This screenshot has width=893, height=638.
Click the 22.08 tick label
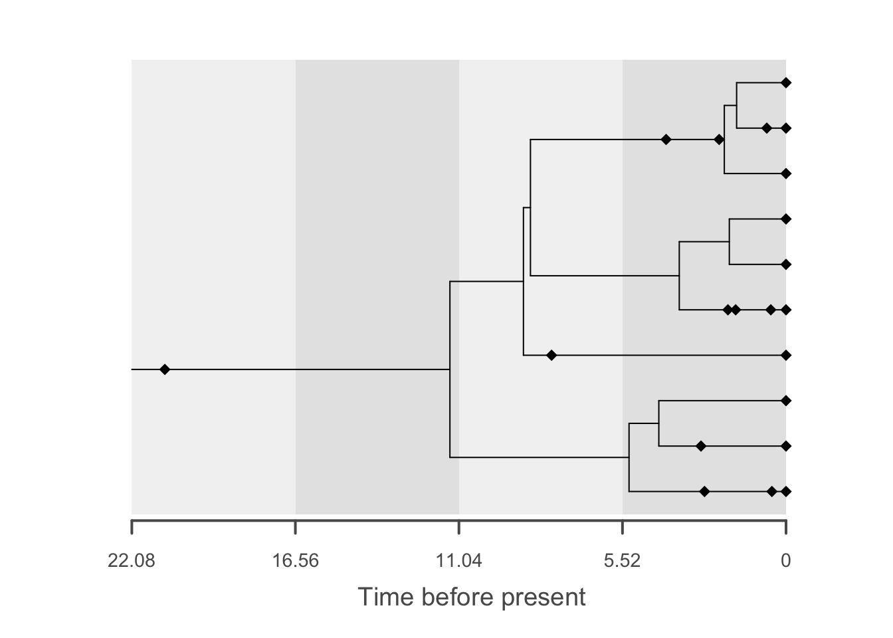click(x=132, y=562)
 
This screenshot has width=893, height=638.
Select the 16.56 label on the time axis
click(x=296, y=562)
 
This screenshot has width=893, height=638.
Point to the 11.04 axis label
click(x=459, y=562)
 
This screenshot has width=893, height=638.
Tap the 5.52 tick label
click(x=623, y=562)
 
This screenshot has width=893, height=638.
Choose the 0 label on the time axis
click(x=786, y=562)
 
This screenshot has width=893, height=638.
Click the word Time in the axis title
click(x=383, y=597)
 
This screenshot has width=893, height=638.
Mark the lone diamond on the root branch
click(x=165, y=370)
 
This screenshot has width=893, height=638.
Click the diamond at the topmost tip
click(x=786, y=83)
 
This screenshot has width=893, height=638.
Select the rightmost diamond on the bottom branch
click(x=786, y=492)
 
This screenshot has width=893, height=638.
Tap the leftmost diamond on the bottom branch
click(x=705, y=492)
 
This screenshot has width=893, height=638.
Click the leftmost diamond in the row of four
click(x=728, y=310)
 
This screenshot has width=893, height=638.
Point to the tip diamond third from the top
click(x=786, y=173)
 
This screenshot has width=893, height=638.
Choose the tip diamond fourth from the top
click(x=786, y=219)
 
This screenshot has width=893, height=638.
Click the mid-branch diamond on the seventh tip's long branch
click(x=551, y=356)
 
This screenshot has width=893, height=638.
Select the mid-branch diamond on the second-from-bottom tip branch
click(x=701, y=446)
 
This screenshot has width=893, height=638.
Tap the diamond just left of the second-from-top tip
click(x=766, y=128)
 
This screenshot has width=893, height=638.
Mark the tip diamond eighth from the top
click(x=786, y=401)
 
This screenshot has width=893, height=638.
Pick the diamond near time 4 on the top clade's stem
click(x=666, y=140)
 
